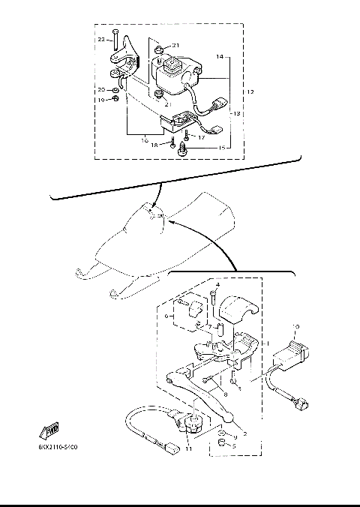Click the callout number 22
point(100,38)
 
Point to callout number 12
point(250,92)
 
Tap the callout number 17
point(201,136)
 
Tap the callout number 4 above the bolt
point(217,285)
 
